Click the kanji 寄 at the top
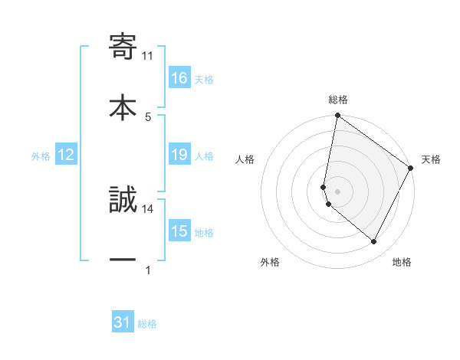point(123,47)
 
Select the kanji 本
point(123,106)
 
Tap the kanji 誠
point(123,201)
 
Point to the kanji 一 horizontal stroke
point(123,260)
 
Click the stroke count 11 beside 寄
point(148,56)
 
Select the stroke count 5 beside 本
point(148,116)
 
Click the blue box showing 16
point(179,78)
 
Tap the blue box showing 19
point(179,155)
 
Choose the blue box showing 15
point(179,231)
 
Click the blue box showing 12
point(66,155)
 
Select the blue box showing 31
point(123,323)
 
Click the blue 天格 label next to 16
point(204,79)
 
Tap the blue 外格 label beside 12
point(41,156)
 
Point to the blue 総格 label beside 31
point(147,324)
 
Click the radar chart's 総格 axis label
point(338,100)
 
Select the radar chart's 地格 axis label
point(402,262)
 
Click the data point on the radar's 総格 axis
point(337,116)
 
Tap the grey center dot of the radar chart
point(337,191)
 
